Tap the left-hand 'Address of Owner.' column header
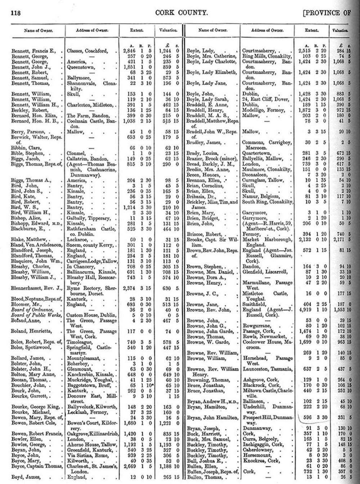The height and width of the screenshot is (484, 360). (92, 31)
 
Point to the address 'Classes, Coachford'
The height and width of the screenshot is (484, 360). (87, 51)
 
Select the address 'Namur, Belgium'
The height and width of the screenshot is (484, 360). (261, 196)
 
